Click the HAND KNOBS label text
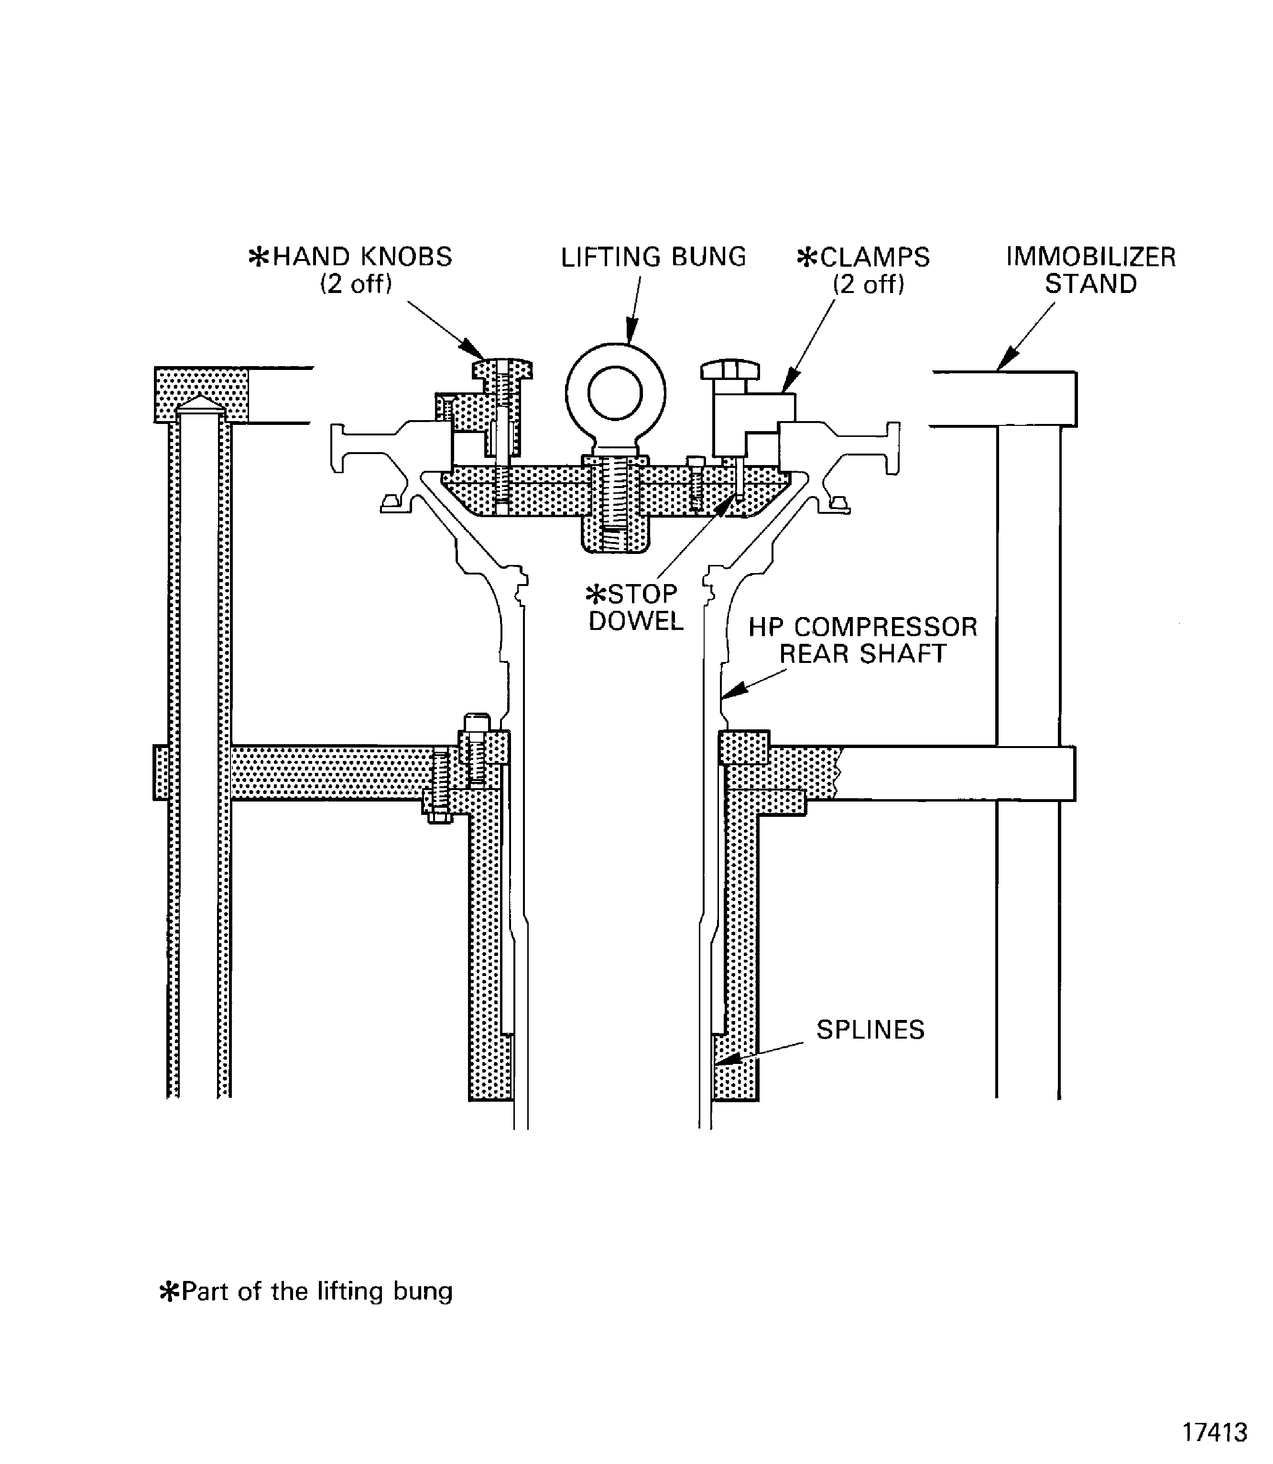[361, 257]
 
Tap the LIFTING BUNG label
[653, 257]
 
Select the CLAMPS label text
[874, 257]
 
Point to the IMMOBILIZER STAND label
[1090, 270]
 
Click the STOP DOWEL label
[634, 607]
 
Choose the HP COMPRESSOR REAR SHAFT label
[863, 640]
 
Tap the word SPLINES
[870, 1029]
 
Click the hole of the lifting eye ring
[615, 393]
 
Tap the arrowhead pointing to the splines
[726, 1060]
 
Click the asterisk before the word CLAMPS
[807, 257]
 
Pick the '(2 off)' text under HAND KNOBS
[356, 284]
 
